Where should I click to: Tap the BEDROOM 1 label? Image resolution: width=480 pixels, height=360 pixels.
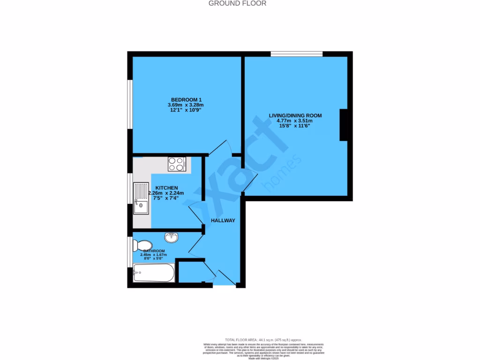(x=186, y=100)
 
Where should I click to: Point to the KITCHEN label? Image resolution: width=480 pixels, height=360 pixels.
(x=166, y=187)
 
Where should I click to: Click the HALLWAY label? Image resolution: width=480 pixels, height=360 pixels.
(x=223, y=221)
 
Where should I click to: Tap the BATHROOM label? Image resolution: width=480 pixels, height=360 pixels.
(x=154, y=251)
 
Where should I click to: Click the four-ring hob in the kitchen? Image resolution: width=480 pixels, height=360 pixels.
(x=177, y=164)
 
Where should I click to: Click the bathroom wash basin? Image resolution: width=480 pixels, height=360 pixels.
(x=172, y=237)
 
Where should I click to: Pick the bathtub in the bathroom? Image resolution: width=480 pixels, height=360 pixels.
(x=154, y=272)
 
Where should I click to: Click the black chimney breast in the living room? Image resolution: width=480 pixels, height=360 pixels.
(x=344, y=124)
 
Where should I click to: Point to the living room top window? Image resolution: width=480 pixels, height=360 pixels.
(x=296, y=54)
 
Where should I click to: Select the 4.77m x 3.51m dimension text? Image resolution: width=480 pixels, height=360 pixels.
(x=295, y=120)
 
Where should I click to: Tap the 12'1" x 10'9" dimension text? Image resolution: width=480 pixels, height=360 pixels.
(x=186, y=111)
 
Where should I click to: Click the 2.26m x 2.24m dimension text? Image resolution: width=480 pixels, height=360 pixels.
(x=166, y=193)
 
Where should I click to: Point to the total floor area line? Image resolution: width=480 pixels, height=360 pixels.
(x=262, y=339)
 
